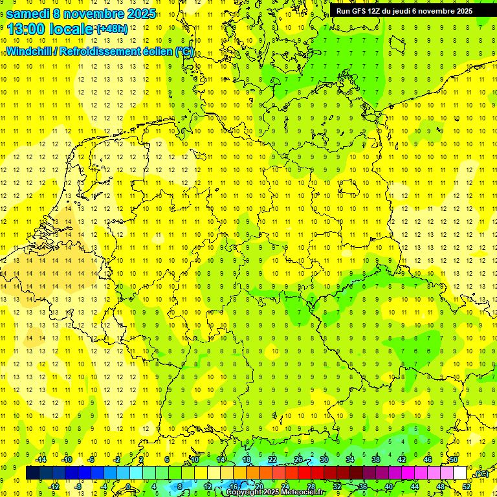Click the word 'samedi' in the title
[x=28, y=13]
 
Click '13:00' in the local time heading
[x=25, y=28]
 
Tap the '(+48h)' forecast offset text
[x=112, y=29]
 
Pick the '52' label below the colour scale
[x=466, y=487]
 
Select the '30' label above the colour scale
[x=324, y=459]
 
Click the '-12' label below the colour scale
[x=54, y=487]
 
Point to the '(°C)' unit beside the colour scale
[x=481, y=474]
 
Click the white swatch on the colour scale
[x=459, y=473]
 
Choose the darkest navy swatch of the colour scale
[x=32, y=473]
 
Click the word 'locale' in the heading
[x=71, y=28]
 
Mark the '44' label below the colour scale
[x=414, y=487]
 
